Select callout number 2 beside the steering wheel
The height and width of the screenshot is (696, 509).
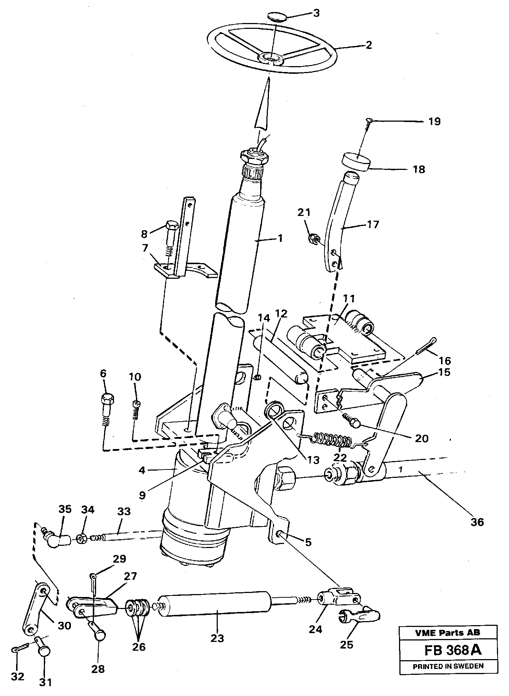pyautogui.click(x=368, y=45)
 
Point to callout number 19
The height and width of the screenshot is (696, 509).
pyautogui.click(x=434, y=121)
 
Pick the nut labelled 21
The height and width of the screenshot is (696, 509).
pyautogui.click(x=313, y=239)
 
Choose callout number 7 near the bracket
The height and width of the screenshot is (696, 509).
pyautogui.click(x=145, y=249)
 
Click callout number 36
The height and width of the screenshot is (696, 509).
pyautogui.click(x=478, y=521)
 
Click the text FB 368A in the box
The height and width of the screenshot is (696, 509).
pyautogui.click(x=453, y=650)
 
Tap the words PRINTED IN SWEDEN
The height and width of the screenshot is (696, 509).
pyautogui.click(x=448, y=666)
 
